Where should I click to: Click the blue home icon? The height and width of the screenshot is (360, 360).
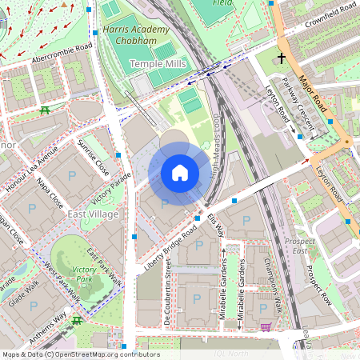(180, 172)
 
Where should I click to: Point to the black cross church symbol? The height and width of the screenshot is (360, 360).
(281, 58)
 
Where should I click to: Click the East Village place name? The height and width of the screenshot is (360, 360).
(93, 214)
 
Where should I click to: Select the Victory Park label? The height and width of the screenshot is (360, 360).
(84, 275)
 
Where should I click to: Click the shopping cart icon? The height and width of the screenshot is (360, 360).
(266, 326)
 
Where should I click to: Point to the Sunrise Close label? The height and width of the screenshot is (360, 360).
(94, 157)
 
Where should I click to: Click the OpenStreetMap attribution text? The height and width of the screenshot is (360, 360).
(80, 354)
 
